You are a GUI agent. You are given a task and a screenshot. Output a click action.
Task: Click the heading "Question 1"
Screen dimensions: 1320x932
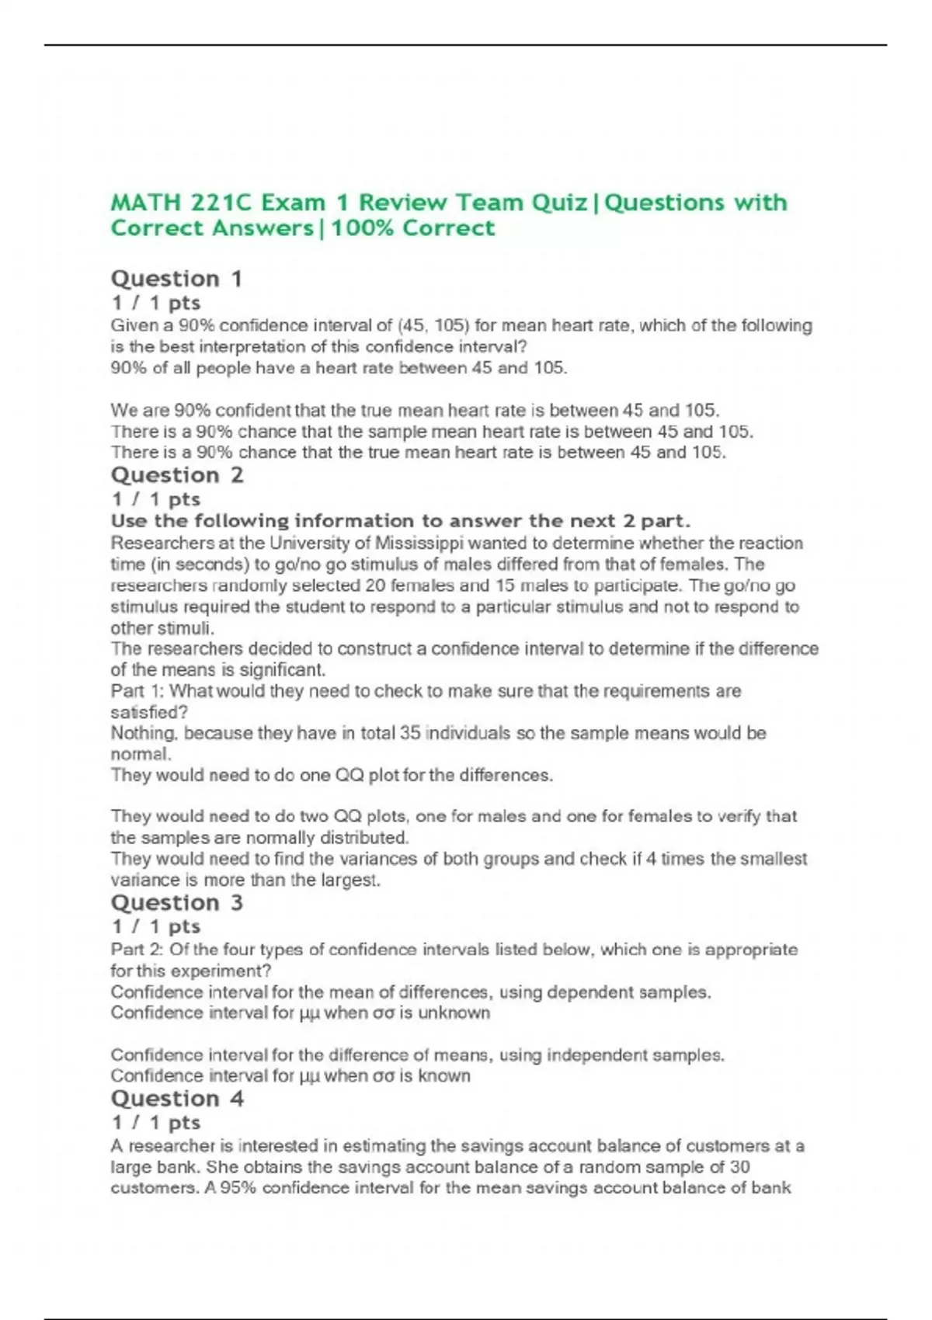click(176, 279)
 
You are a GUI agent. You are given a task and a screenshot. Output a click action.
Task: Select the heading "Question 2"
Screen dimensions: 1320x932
click(176, 475)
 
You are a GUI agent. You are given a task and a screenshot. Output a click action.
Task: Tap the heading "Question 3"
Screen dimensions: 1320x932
click(176, 903)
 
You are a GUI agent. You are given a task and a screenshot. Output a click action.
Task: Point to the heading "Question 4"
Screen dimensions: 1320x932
click(176, 1099)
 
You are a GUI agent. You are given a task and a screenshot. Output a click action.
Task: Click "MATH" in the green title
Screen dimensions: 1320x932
click(145, 203)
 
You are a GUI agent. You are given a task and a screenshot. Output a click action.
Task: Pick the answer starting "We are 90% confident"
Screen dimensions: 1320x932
click(415, 410)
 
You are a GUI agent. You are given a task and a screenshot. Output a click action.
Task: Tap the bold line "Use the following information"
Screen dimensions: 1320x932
click(400, 521)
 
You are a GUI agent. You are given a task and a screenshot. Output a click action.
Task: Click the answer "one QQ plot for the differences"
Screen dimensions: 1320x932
click(332, 775)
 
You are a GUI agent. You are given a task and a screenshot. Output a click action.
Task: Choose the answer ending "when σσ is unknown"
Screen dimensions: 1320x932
click(300, 1013)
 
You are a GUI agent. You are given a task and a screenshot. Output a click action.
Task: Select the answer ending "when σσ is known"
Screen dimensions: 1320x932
click(290, 1076)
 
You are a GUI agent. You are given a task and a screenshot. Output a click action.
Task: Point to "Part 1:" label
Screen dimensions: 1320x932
click(137, 691)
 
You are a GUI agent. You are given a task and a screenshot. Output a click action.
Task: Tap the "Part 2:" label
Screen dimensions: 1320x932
click(137, 950)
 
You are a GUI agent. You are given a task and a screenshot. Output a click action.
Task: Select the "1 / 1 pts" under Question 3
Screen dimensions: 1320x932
click(155, 926)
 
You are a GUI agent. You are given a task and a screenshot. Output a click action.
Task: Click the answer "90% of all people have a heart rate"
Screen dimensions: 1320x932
click(339, 368)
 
